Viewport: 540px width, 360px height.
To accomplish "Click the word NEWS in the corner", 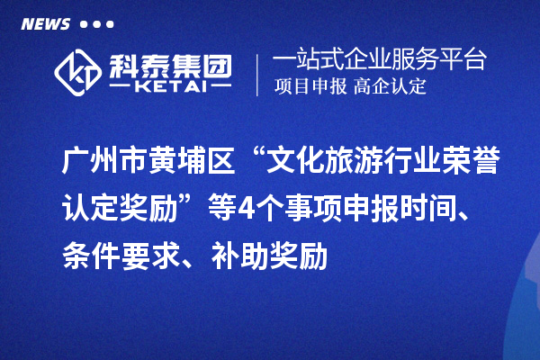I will tap(45, 24).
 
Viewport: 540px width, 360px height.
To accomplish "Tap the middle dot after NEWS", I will tap(97, 24).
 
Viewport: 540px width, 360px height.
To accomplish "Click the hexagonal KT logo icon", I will tap(78, 70).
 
